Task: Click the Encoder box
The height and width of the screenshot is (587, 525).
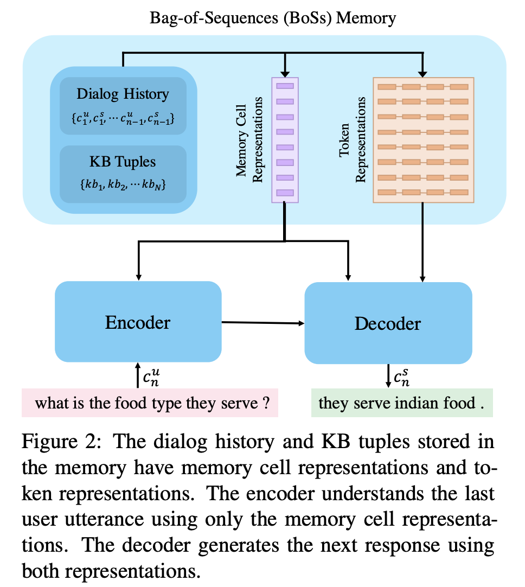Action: [138, 323]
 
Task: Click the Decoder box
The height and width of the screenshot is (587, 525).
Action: [388, 324]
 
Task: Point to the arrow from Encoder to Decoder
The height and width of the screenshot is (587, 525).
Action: [263, 323]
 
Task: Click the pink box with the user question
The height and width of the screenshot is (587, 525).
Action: [150, 403]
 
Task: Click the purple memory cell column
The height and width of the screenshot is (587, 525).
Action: [285, 139]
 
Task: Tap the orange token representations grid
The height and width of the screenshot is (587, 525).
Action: [423, 139]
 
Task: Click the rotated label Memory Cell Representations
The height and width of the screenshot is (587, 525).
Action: [249, 139]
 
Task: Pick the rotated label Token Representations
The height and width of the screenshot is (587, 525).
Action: [352, 139]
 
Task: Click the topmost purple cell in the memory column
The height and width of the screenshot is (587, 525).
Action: [285, 86]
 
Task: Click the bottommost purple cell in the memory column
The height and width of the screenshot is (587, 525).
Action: [285, 193]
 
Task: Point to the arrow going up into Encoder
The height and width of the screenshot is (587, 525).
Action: [138, 375]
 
